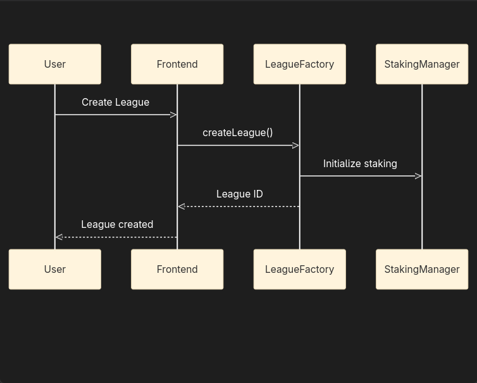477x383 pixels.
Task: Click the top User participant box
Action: pos(55,64)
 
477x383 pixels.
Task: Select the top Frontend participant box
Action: pos(177,64)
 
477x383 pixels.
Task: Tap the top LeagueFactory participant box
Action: pos(299,64)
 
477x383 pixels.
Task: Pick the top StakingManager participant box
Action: pos(422,64)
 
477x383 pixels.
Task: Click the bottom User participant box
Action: pos(55,269)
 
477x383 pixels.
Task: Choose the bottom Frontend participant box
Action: pos(177,269)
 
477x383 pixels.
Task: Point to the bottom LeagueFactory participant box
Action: pos(299,269)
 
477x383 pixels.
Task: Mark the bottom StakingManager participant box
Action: pos(422,269)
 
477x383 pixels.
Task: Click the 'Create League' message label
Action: pos(115,102)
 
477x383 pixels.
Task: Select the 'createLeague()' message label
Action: pos(238,132)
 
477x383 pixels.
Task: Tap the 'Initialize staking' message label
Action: pos(360,163)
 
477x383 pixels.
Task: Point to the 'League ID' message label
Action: pos(239,194)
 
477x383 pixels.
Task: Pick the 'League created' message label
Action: pos(117,224)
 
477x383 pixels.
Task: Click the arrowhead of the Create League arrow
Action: pos(173,115)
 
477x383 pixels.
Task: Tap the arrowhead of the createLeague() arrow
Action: pos(295,146)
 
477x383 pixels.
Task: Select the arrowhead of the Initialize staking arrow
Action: pos(418,176)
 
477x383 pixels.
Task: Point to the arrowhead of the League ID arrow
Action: pos(182,206)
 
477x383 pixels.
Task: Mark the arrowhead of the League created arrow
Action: pos(59,237)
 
